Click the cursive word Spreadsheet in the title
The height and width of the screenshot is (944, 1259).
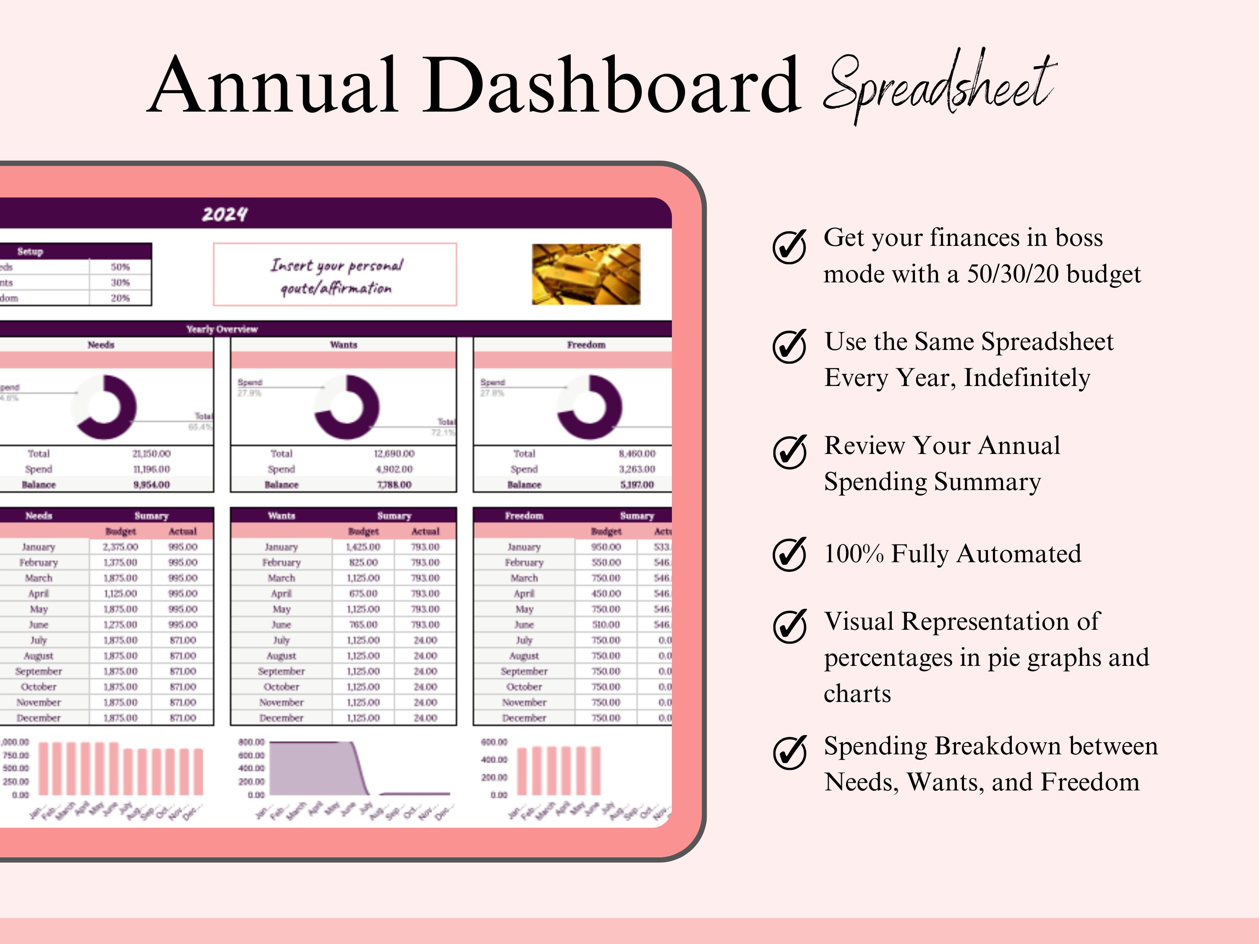[x=939, y=85]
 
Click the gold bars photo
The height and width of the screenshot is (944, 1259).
[x=586, y=274]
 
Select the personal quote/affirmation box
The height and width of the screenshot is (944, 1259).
[x=334, y=275]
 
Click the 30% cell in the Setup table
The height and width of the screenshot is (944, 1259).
[x=120, y=282]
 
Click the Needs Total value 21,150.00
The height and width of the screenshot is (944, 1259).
[x=151, y=454]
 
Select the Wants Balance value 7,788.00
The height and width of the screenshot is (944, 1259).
[x=394, y=485]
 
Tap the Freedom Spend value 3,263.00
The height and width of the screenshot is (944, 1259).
[x=637, y=469]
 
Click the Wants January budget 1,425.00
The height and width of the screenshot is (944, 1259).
[x=363, y=547]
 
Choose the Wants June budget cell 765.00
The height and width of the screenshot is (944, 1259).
[x=363, y=625]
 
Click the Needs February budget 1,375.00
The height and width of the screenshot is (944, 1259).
[x=120, y=562]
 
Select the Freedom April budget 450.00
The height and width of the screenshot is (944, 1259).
[x=606, y=594]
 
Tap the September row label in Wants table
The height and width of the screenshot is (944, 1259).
[x=281, y=671]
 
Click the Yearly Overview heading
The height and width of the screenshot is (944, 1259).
[x=222, y=329]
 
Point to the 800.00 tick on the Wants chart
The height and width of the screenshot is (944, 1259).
[x=251, y=742]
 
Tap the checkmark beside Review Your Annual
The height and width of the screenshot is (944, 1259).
[x=789, y=452]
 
